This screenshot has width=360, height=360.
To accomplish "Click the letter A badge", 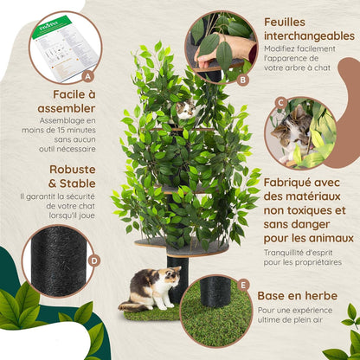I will tap(87, 76).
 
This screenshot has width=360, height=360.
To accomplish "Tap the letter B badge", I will tap(242, 80).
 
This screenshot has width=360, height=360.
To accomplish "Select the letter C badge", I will tap(280, 103).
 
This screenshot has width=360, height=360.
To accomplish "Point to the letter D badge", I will tap(93, 260).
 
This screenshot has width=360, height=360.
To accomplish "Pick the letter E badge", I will tap(243, 284).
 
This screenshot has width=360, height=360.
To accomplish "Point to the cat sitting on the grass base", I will tap(148, 289).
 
